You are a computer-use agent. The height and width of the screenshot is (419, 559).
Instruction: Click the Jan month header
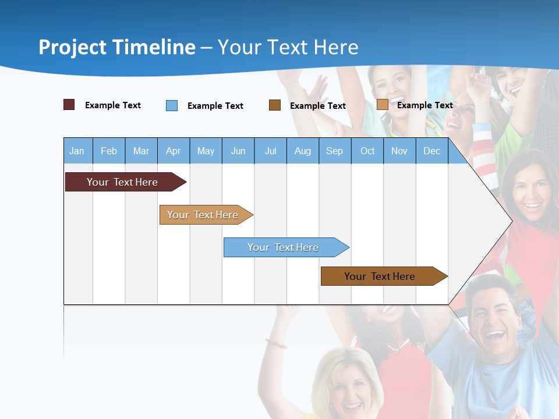tap(77, 151)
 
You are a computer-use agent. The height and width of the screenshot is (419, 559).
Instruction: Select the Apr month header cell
tap(174, 151)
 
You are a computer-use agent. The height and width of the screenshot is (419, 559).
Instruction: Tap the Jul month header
tap(270, 151)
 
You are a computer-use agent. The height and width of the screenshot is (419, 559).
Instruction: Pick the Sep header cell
tap(334, 151)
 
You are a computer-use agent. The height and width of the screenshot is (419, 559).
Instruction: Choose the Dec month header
tap(431, 151)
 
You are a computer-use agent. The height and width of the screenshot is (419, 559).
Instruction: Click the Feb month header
tap(109, 151)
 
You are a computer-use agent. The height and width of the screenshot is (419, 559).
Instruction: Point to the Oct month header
tap(367, 151)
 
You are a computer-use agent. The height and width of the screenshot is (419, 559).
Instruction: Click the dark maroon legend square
tap(69, 105)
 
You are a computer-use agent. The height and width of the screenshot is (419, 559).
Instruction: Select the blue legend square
tap(172, 105)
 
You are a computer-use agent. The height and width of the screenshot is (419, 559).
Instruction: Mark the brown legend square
tap(275, 105)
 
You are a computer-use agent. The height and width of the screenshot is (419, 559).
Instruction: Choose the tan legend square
tap(382, 104)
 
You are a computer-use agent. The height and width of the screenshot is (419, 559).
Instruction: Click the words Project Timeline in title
tap(117, 47)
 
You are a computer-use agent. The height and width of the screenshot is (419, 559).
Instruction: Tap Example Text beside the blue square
tap(215, 106)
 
